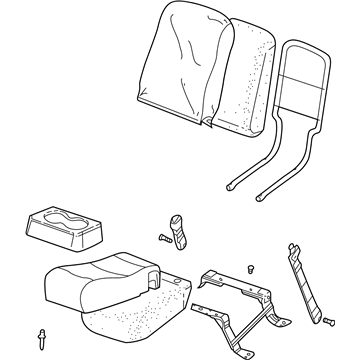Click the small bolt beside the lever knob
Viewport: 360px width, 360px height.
[160, 236]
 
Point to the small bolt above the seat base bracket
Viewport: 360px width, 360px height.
[250, 265]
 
